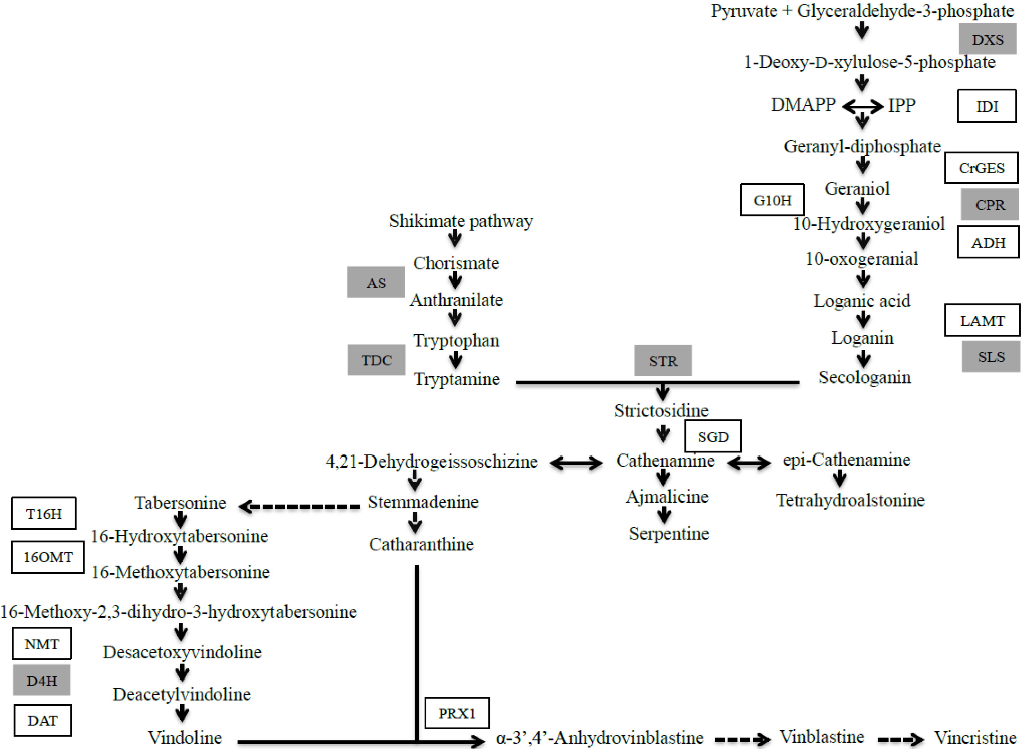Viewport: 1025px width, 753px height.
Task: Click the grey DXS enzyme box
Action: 987,39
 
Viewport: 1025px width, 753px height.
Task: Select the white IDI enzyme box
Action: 986,106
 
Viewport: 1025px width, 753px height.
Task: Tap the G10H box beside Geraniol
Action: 772,200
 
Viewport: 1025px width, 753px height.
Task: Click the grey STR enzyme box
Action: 663,360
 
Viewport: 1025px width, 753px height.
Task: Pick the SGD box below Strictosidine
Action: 712,436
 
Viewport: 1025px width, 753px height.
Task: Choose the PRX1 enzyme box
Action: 457,713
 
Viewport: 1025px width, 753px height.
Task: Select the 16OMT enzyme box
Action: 47,557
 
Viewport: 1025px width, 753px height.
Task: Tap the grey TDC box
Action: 376,360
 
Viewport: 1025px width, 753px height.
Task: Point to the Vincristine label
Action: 975,737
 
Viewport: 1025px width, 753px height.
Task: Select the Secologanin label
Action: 864,378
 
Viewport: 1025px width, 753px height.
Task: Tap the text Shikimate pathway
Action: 461,221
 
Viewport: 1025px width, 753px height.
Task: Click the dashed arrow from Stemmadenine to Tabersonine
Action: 300,506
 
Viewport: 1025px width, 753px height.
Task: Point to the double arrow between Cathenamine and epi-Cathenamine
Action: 748,463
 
